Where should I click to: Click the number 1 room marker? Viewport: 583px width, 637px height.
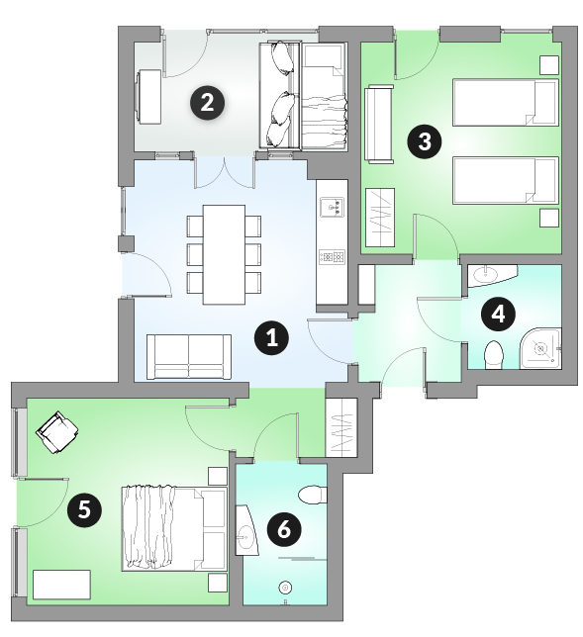[271, 337]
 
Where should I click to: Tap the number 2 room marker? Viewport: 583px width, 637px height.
[207, 103]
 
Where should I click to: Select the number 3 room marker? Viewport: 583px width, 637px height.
[425, 141]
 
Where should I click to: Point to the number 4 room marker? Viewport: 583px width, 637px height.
[498, 314]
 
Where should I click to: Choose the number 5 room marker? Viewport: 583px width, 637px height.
[84, 509]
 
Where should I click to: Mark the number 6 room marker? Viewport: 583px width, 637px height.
[284, 530]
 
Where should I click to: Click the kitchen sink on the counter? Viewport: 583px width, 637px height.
[332, 207]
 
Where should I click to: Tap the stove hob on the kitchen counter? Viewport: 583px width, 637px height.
[332, 257]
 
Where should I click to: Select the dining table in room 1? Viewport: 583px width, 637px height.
[224, 255]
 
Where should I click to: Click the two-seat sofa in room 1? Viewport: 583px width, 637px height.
[189, 357]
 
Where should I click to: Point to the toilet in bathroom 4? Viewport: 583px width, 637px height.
[494, 355]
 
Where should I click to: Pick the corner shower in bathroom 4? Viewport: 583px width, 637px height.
[541, 348]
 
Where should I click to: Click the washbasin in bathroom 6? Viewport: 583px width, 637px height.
[245, 530]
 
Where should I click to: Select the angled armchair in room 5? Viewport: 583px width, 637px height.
[57, 432]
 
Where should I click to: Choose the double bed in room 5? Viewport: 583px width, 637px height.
[174, 528]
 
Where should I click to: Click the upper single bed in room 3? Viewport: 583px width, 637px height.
[506, 103]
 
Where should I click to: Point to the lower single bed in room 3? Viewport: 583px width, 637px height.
[506, 180]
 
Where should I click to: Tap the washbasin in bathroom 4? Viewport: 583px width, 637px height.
[490, 275]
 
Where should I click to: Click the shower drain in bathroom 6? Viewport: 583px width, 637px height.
[285, 588]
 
